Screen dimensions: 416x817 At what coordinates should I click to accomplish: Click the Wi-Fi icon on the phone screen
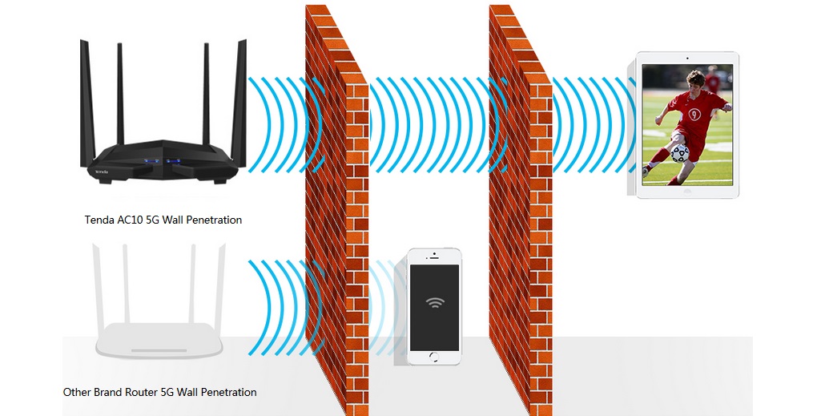(435, 302)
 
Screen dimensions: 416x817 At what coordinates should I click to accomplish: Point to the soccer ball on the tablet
(679, 152)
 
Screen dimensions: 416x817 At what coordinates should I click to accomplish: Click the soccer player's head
(694, 80)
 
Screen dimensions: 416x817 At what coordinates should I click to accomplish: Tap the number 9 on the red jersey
(694, 114)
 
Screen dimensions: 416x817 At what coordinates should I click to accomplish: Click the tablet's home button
(687, 192)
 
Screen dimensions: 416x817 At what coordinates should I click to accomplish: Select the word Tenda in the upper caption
(99, 220)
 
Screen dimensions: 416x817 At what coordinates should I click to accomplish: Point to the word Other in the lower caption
(77, 393)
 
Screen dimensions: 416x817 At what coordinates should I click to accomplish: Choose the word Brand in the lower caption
(110, 393)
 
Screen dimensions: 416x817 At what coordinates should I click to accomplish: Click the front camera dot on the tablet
(688, 59)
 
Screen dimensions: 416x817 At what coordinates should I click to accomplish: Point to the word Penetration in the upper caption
(213, 220)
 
